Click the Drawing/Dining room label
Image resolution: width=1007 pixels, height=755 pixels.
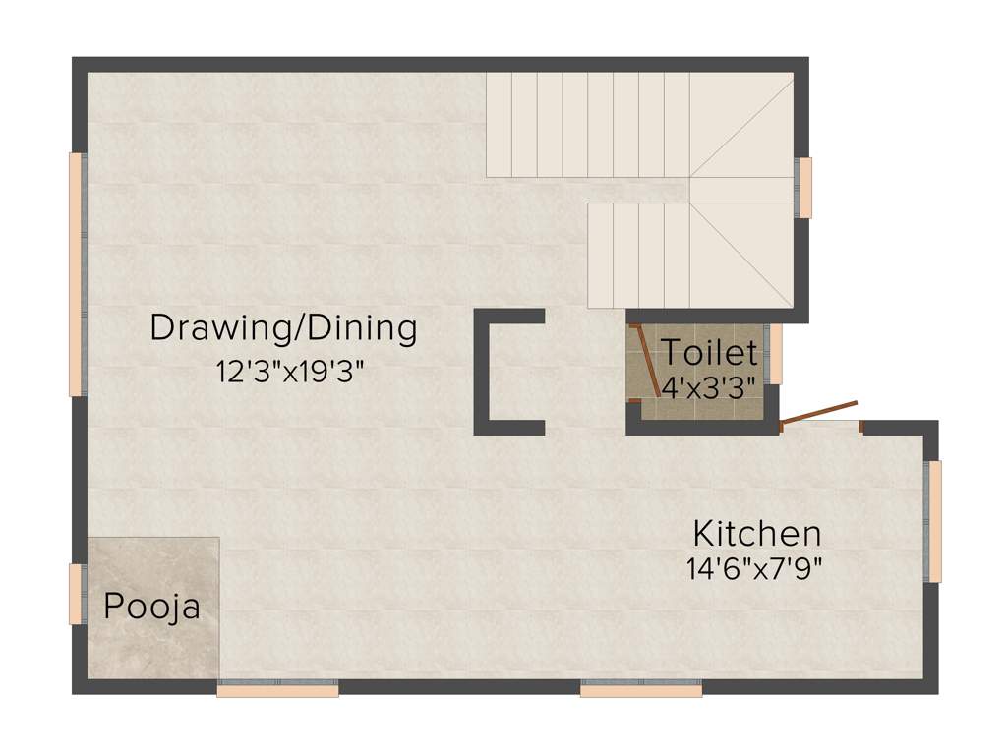283,328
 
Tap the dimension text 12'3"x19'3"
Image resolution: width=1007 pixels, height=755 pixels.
283,372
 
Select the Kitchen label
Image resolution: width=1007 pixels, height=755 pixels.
756,534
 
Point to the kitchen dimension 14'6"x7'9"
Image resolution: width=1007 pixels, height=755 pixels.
754,568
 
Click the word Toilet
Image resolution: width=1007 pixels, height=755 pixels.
709,352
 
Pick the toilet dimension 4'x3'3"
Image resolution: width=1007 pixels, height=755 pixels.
710,386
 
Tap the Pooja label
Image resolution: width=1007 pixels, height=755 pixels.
151,607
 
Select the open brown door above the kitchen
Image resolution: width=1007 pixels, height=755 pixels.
818,415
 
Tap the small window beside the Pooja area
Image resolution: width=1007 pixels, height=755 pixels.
75,594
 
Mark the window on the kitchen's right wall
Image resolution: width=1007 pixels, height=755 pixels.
935,521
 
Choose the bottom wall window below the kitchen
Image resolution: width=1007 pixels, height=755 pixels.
641,690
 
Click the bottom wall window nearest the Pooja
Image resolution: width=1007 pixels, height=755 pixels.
277,690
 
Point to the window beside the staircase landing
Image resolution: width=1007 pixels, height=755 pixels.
805,187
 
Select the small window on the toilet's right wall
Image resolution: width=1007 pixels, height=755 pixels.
776,354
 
